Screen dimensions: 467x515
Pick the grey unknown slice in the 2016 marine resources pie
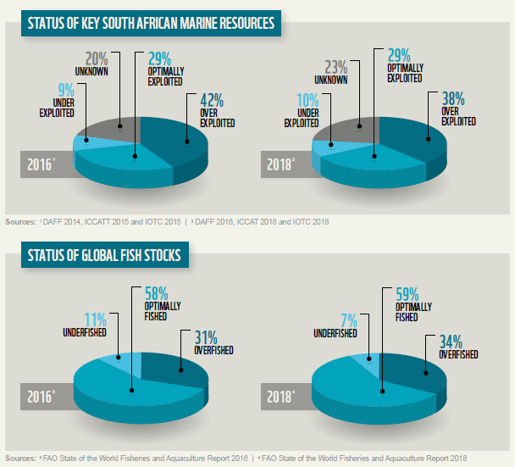click(109, 129)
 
